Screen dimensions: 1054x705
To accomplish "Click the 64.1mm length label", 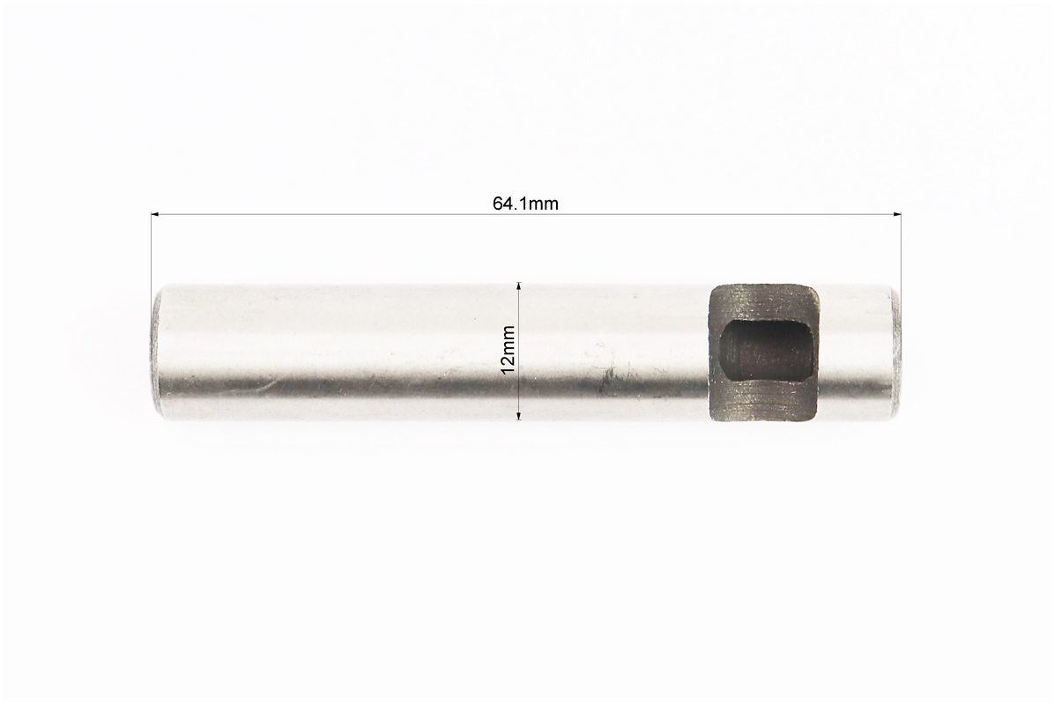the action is coord(525,204).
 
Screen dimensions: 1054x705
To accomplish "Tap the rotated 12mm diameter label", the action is coord(508,350).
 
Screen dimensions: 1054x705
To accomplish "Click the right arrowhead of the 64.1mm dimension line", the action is coord(897,214).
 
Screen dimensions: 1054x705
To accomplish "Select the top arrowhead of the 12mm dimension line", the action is coord(518,286).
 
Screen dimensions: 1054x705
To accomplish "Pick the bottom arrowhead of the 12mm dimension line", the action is coord(518,415).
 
